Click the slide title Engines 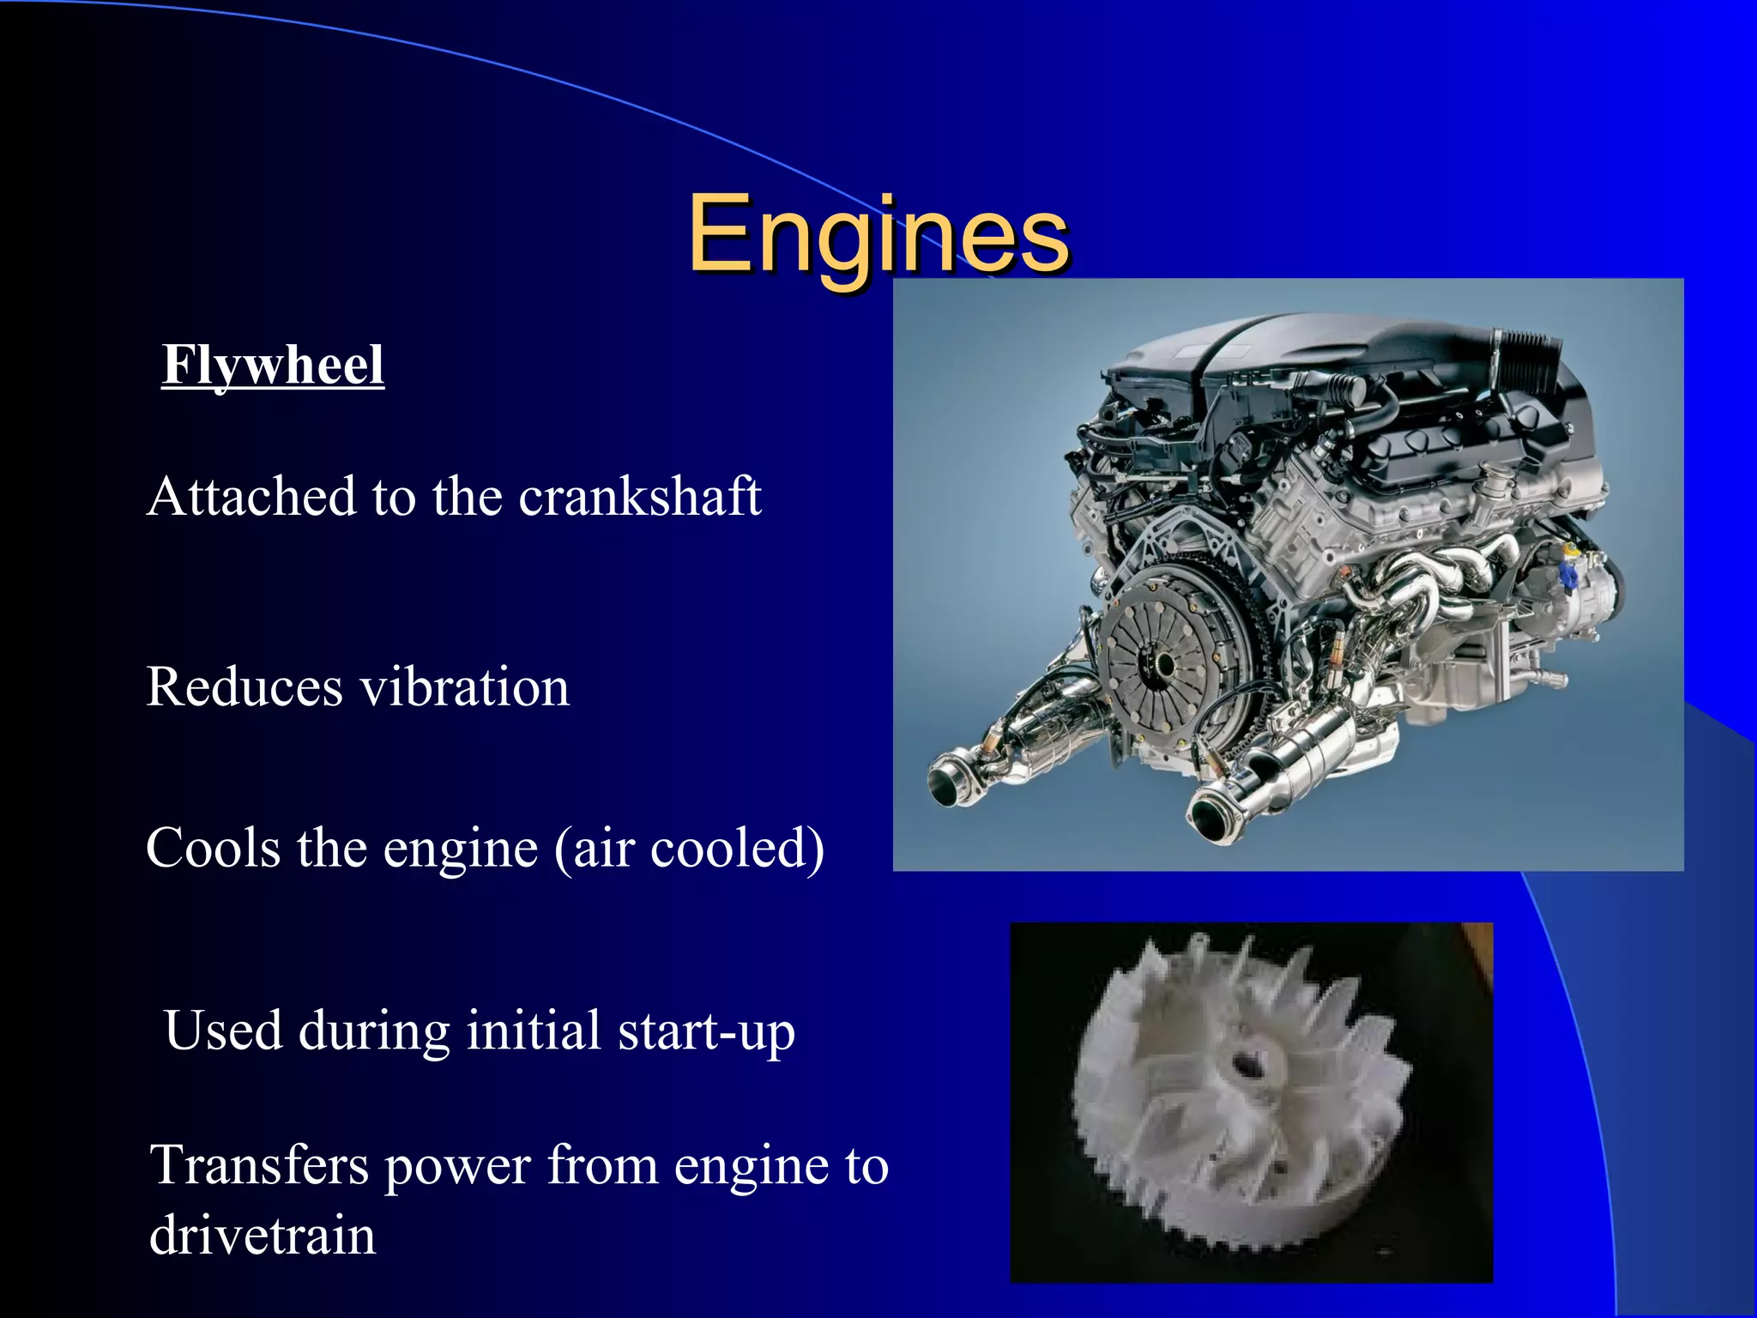(878, 233)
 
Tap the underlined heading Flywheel (273, 366)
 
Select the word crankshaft (640, 497)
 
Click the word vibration (464, 687)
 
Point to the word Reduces (245, 687)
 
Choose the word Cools (214, 848)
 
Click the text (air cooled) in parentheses (690, 849)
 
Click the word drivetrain (263, 1236)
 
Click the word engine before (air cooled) (460, 849)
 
